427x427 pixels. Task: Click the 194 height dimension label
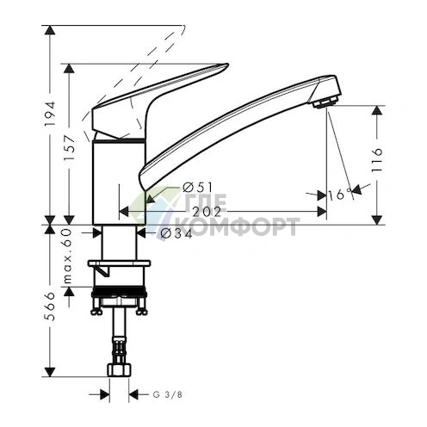[50, 111]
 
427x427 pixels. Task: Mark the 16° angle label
[341, 195]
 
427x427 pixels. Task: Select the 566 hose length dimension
[50, 306]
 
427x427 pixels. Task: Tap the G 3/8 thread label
[166, 395]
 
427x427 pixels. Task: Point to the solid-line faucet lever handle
[164, 90]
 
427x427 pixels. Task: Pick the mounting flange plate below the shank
[119, 263]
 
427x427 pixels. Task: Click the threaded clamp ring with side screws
[119, 301]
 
